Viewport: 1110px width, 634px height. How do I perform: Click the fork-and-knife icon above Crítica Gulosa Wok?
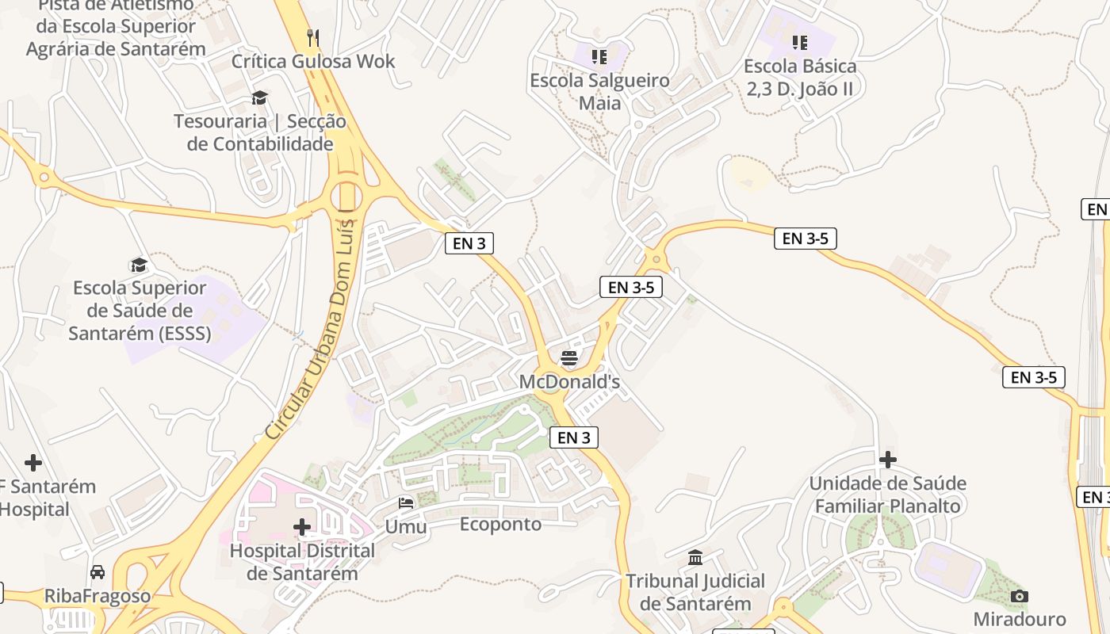click(313, 37)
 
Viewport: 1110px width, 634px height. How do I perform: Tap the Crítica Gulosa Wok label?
click(313, 61)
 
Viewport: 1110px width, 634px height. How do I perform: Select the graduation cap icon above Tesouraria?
click(259, 98)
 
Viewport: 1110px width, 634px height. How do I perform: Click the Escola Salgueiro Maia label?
click(599, 91)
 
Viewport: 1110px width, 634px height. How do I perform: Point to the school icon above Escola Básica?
click(799, 42)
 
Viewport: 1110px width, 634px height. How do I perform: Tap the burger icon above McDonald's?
click(568, 358)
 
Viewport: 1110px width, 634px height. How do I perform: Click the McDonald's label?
click(568, 382)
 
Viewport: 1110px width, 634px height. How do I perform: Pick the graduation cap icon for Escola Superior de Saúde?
click(139, 265)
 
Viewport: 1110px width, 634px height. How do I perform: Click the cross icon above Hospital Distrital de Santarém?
click(301, 526)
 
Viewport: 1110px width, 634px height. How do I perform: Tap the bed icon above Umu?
click(406, 503)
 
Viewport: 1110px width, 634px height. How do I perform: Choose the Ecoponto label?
click(500, 524)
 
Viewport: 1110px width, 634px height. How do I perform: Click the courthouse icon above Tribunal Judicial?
click(695, 558)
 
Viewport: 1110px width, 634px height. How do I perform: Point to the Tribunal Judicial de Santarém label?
click(695, 592)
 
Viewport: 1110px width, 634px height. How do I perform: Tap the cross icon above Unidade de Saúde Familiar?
click(888, 459)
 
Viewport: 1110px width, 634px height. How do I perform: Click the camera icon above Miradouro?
click(1020, 596)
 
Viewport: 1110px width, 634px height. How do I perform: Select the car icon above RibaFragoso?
click(98, 572)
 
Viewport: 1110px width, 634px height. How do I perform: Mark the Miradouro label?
click(1020, 619)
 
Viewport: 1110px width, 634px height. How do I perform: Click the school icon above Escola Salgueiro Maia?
click(599, 57)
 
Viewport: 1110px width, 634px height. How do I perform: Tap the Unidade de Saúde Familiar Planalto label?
click(888, 495)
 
